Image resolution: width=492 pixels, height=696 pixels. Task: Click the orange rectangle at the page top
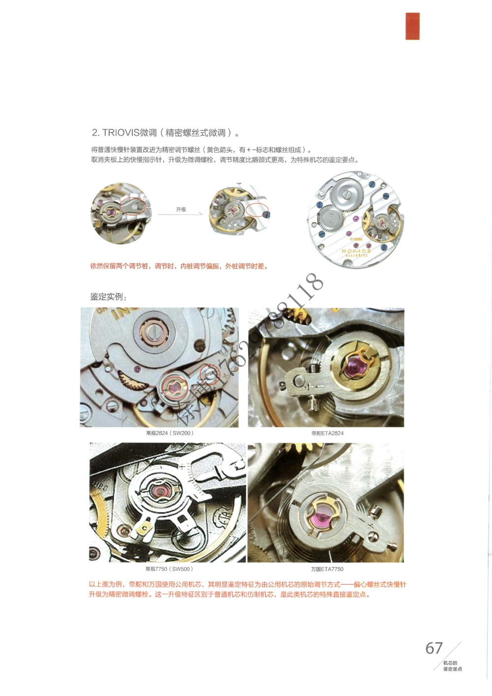pyautogui.click(x=412, y=26)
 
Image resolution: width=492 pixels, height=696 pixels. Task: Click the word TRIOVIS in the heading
pyautogui.click(x=121, y=133)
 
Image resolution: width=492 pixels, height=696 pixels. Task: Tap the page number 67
pyautogui.click(x=434, y=648)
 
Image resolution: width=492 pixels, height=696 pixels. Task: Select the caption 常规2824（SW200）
pyautogui.click(x=170, y=433)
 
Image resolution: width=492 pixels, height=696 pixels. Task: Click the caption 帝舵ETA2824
pyautogui.click(x=327, y=433)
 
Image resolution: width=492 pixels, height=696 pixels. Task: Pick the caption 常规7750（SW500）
pyautogui.click(x=169, y=569)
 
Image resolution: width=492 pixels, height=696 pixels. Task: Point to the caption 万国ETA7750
pyautogui.click(x=327, y=569)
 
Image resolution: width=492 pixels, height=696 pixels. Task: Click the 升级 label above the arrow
pyautogui.click(x=181, y=209)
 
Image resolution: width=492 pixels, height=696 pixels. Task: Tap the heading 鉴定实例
pyautogui.click(x=108, y=297)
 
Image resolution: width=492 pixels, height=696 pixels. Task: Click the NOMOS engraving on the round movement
pyautogui.click(x=355, y=251)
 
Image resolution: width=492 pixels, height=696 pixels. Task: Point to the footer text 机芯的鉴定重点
pyautogui.click(x=452, y=666)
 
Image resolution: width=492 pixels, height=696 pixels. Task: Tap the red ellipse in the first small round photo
pyautogui.click(x=133, y=206)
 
